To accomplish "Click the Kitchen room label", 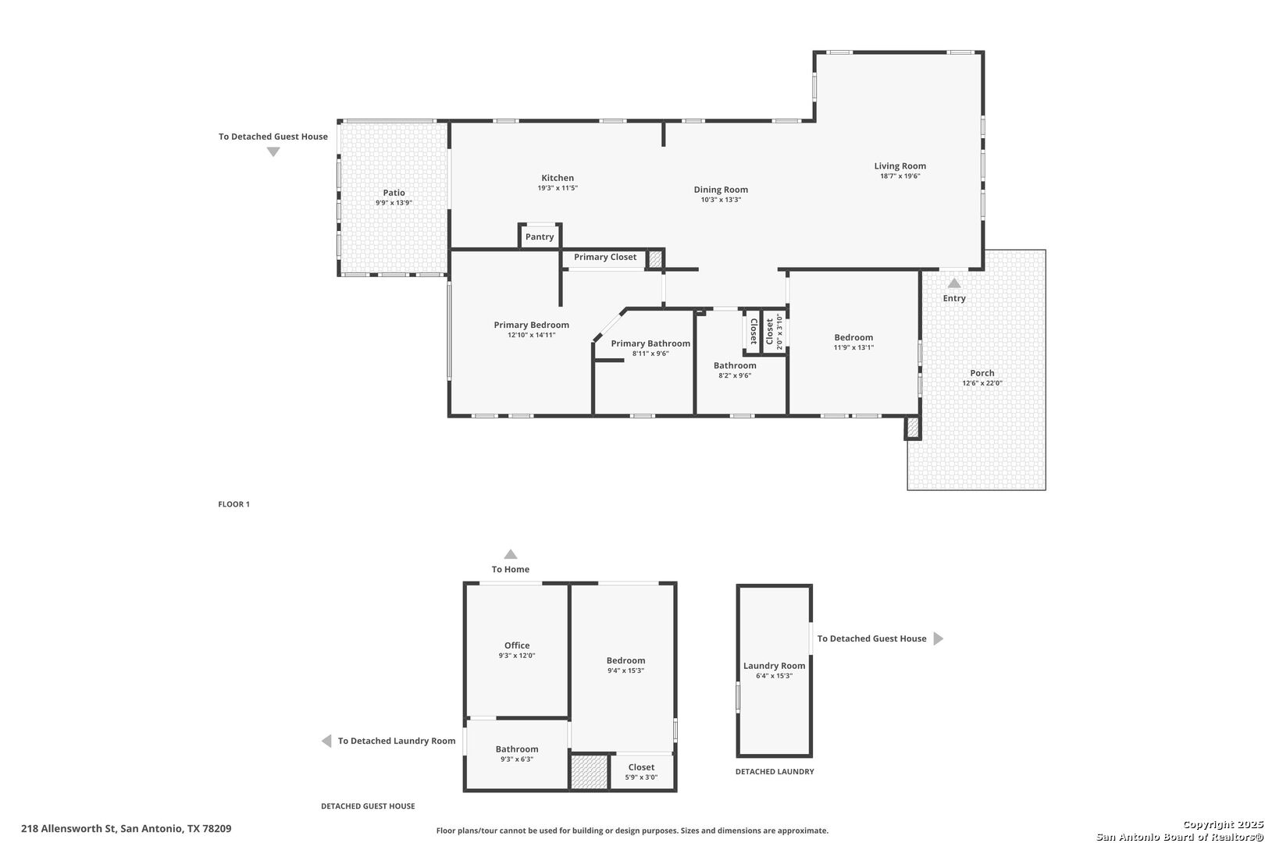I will [558, 178].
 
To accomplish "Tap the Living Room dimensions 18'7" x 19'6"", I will [900, 176].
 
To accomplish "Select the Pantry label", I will [540, 237].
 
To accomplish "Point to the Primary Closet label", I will [605, 258].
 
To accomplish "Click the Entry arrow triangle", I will [954, 283].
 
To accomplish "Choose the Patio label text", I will [394, 193].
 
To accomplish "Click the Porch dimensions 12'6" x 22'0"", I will [982, 383].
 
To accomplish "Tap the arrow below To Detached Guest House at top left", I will [273, 152].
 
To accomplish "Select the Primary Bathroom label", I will [650, 343].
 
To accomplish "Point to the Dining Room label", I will [721, 190].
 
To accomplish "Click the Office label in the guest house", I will [517, 646].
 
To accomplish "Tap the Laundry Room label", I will [774, 666].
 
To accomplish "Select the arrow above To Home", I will [511, 555].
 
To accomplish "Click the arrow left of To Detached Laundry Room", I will [326, 742].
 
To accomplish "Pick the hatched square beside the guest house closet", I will [589, 772].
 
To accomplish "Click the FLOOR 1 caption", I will [233, 504].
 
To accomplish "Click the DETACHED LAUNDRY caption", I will [774, 772].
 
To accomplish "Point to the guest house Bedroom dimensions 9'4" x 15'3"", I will [625, 671].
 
